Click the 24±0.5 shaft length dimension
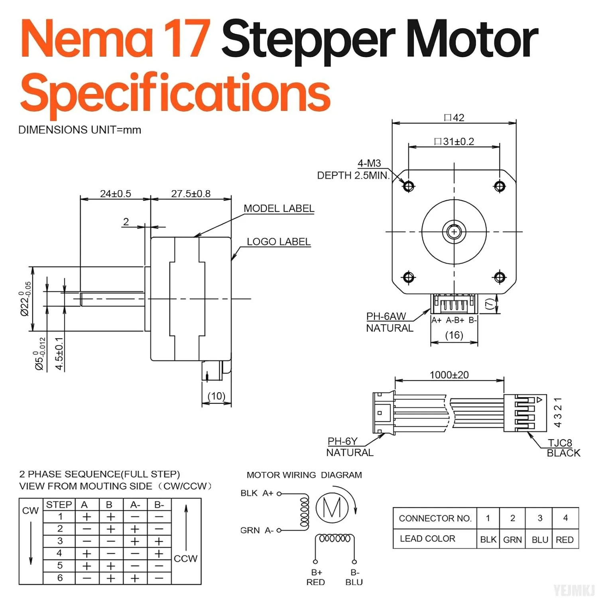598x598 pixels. coord(115,194)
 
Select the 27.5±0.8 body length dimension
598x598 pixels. coord(191,194)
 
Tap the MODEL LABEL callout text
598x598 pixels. coord(279,209)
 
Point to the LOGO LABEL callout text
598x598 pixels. coord(278,242)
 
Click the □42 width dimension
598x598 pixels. coord(454,118)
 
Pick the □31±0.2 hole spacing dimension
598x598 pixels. coord(454,142)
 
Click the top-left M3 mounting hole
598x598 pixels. coord(409,186)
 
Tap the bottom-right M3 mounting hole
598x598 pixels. coord(500,277)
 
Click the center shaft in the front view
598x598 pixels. coord(454,231)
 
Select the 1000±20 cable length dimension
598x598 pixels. coord(449,375)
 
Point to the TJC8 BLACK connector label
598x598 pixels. coord(563,448)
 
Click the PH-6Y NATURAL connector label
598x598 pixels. coord(349,447)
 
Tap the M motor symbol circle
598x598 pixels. coord(332,508)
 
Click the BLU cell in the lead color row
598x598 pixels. coord(540,539)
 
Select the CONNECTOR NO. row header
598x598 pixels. coord(435,518)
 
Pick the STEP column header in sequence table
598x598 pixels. coord(59,505)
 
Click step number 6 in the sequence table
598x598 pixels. coord(60,578)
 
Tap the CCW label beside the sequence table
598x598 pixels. coord(185,559)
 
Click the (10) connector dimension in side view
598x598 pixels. coord(216,396)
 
